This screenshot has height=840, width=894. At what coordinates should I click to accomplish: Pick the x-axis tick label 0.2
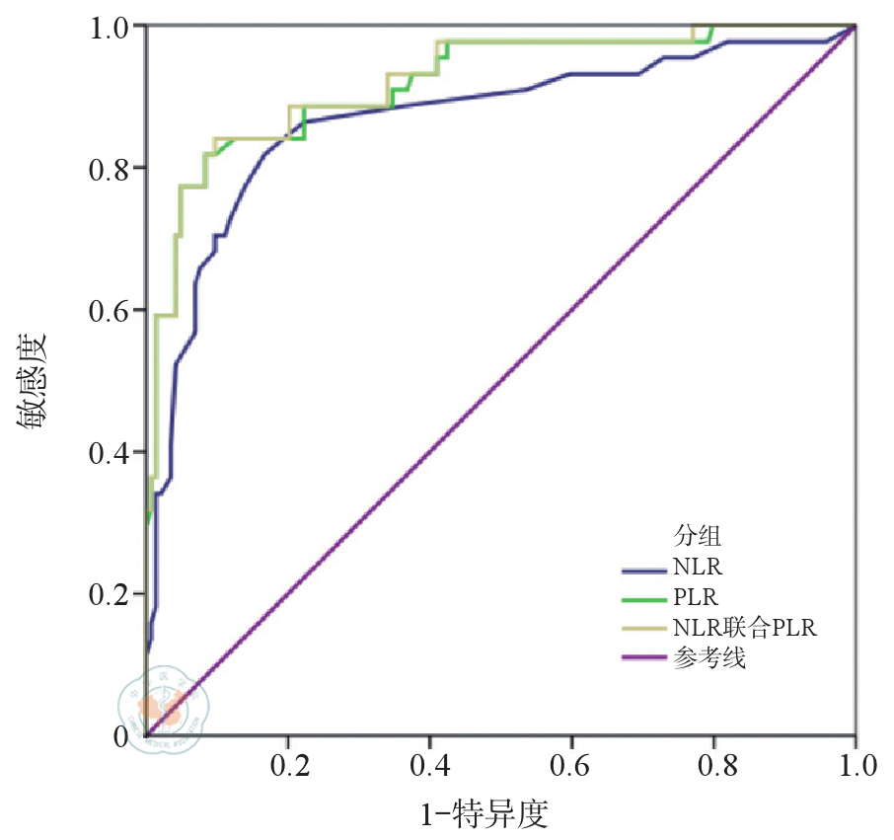tap(287, 767)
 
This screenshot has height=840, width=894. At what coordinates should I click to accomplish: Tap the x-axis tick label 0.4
tap(429, 767)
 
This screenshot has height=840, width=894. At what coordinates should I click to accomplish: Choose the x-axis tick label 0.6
tap(571, 767)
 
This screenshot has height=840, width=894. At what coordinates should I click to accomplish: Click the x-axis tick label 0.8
tap(713, 767)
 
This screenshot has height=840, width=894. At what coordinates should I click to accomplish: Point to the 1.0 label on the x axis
tap(855, 767)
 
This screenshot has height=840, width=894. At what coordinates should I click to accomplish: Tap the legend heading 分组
tap(698, 537)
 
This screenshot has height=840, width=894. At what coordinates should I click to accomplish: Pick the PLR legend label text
tap(696, 597)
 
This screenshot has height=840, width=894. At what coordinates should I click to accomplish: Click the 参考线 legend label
tap(710, 657)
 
